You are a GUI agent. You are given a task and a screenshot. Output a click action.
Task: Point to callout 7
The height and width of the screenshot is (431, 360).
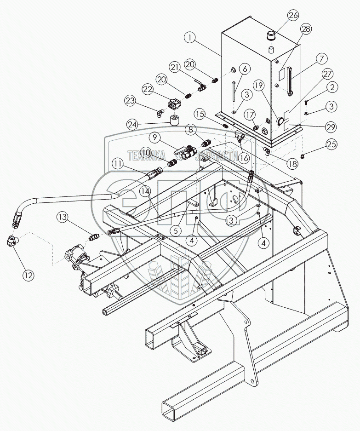point(321,59)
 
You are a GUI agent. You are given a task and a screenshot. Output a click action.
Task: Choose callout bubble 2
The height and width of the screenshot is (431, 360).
point(332,86)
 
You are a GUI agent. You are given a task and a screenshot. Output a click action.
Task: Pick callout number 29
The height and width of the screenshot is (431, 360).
point(332,126)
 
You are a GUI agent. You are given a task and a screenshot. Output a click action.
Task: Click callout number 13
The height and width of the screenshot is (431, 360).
point(63,217)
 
